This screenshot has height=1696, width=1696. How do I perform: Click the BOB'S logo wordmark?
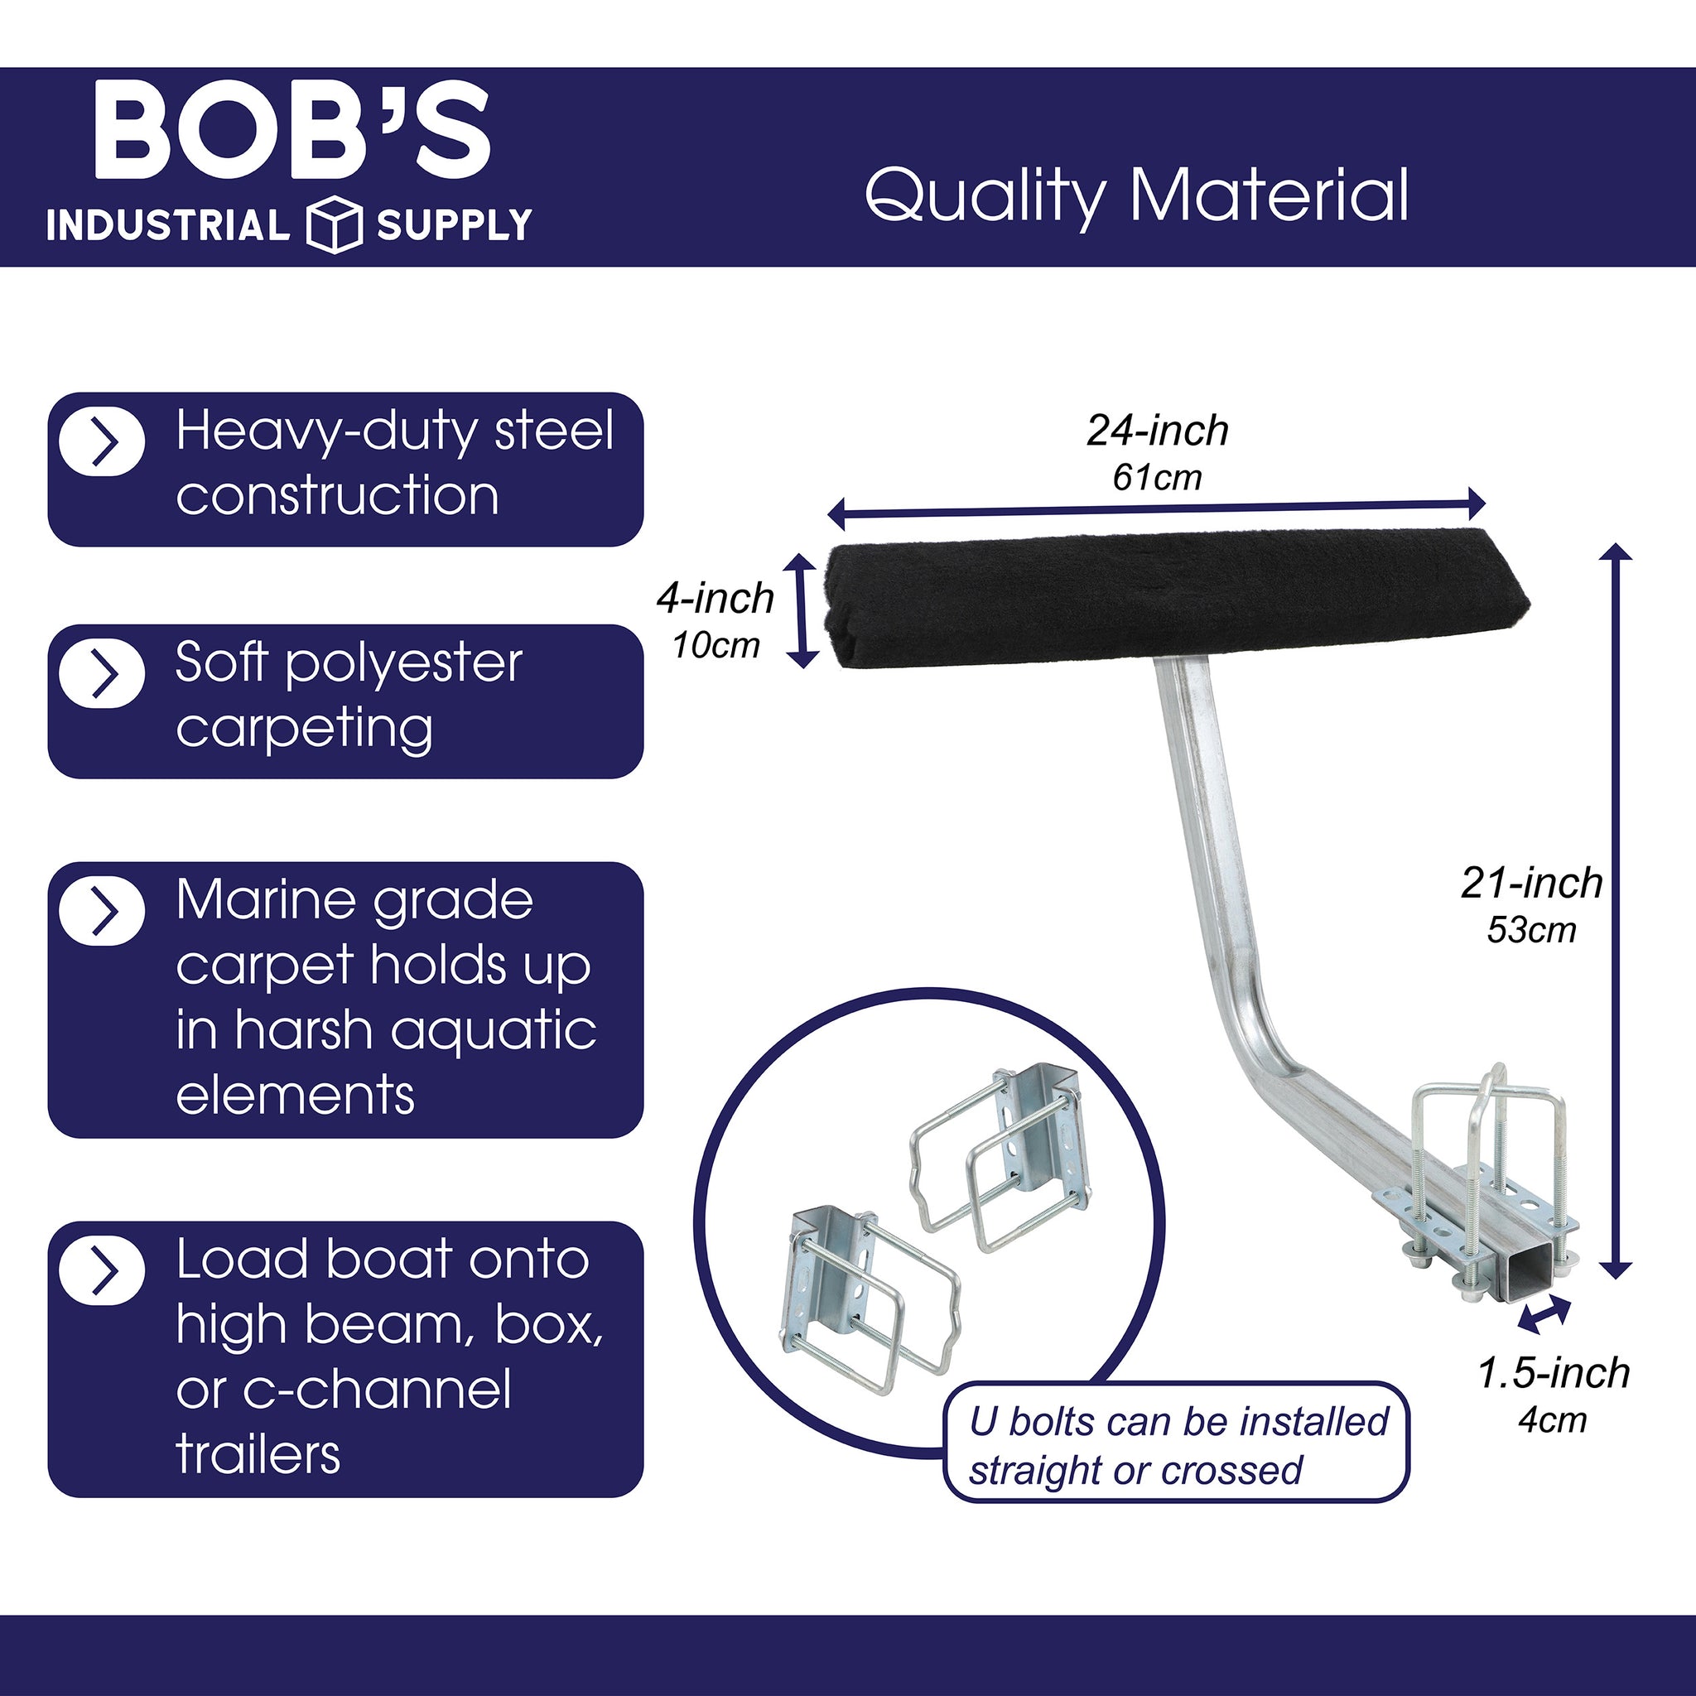point(291,131)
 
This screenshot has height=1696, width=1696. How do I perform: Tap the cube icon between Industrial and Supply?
point(334,225)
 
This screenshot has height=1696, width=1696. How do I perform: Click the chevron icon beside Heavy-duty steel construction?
point(102,441)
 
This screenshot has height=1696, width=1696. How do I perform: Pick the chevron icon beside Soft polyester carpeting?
point(102,674)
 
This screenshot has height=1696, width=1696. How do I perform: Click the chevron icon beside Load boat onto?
point(102,1270)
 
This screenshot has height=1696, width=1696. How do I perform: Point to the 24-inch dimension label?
point(1157,431)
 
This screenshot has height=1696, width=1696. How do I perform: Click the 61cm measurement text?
point(1157,479)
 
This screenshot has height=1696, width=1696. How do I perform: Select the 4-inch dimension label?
point(715,600)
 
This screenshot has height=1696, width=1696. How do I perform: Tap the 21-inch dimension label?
point(1532,883)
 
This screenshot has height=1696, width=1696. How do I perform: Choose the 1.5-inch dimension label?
point(1554,1374)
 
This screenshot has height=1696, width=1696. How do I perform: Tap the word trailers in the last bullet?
point(258,1456)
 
